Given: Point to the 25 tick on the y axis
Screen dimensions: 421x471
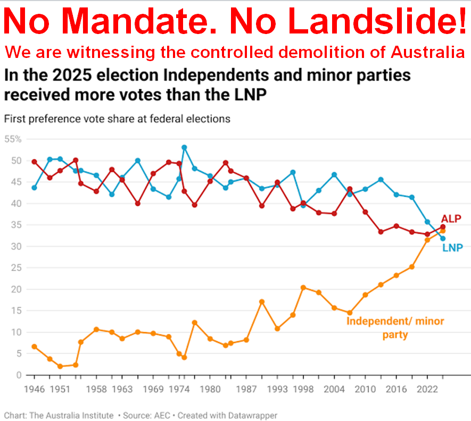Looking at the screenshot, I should click(16, 268).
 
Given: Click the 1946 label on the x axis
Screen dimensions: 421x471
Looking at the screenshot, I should click(35, 389).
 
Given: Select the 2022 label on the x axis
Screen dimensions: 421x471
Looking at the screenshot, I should click(427, 389).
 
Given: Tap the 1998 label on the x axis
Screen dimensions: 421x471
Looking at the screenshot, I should click(303, 389).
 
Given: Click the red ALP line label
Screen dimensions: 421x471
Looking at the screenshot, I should click(451, 218).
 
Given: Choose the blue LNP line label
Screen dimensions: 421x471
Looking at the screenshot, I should click(452, 248).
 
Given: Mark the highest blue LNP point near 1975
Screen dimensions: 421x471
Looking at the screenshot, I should click(184, 147).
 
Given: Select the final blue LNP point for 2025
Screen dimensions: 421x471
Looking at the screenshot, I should click(443, 239).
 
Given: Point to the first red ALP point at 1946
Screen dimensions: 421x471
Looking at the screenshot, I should click(35, 162).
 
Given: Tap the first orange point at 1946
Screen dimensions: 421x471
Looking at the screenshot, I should click(35, 347).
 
